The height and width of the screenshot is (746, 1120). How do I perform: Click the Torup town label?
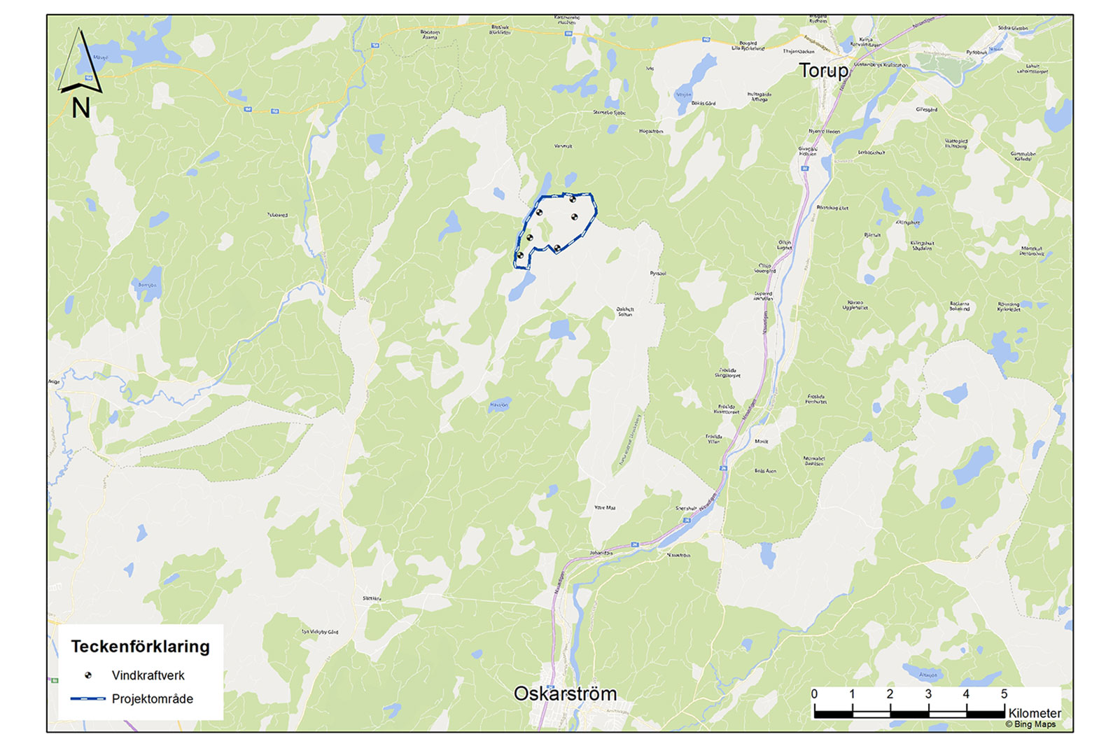823,71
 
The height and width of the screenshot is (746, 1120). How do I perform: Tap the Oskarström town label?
565,694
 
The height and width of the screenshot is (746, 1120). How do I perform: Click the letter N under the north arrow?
81,108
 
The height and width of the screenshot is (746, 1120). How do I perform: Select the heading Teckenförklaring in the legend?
140,647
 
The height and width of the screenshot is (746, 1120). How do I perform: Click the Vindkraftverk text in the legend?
148,675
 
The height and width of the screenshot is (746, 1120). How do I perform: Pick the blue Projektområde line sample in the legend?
87,698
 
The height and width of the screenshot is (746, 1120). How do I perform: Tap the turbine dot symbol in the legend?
88,675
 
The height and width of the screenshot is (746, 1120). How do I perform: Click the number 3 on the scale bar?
928,694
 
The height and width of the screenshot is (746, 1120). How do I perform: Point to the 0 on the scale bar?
814,694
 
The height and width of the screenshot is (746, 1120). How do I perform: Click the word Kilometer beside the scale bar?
1034,712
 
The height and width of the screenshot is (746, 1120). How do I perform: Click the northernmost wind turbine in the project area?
573,200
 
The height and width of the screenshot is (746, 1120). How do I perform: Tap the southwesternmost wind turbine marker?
520,255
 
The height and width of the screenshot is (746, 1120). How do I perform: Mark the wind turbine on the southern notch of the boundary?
556,248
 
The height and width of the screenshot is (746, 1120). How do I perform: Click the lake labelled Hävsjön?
498,405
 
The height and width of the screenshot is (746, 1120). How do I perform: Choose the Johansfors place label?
601,553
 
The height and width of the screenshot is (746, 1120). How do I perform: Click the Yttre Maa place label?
604,507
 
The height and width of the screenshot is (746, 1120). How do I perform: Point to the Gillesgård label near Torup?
926,110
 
